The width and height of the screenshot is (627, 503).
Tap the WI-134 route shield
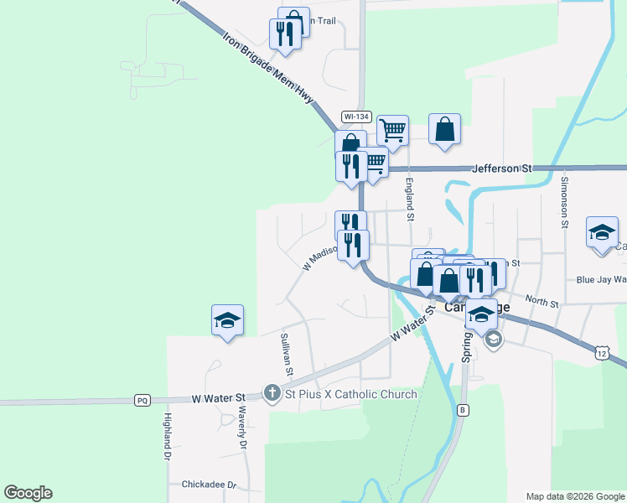[356, 117]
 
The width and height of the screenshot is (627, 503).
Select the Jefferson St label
[503, 169]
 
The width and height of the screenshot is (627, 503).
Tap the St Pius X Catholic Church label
[350, 394]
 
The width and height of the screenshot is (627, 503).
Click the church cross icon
[272, 392]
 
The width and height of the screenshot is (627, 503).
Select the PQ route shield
[142, 401]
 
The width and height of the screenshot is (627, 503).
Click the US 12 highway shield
[602, 354]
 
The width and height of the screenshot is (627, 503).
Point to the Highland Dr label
[168, 435]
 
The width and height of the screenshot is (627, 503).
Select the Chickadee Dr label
[210, 485]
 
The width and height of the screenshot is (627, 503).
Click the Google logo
[28, 493]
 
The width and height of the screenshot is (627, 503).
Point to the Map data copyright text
[575, 496]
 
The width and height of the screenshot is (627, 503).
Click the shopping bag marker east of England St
[444, 130]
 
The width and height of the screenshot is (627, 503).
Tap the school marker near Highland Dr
[227, 320]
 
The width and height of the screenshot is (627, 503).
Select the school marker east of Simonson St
[602, 232]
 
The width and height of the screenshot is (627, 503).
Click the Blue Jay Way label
[600, 280]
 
